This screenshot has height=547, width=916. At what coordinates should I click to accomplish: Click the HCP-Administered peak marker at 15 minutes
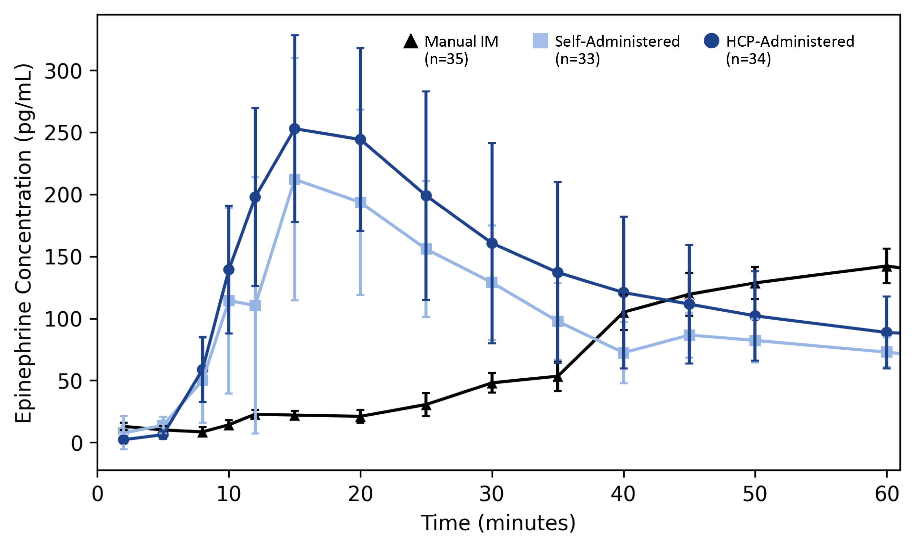click(x=294, y=129)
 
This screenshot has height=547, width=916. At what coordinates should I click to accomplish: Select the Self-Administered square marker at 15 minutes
click(x=294, y=180)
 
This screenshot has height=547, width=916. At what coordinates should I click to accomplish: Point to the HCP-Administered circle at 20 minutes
click(x=360, y=140)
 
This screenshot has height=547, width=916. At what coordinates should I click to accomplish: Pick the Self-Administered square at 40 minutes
click(x=623, y=353)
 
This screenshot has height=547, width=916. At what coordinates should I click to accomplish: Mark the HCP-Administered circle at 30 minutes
click(x=492, y=243)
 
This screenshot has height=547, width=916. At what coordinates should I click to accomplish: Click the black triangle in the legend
click(x=411, y=41)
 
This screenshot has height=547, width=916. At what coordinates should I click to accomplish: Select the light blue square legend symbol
click(x=540, y=41)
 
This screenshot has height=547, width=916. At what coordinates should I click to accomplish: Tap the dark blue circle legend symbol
click(x=711, y=41)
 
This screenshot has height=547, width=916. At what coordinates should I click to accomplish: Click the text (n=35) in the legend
click(x=446, y=59)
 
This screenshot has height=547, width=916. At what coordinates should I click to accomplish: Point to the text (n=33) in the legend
click(x=577, y=59)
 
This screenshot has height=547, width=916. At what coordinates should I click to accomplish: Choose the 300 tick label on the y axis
click(x=63, y=71)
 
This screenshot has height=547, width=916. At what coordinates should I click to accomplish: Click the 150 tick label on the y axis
click(x=63, y=257)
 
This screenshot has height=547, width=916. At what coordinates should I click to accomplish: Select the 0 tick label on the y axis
click(x=77, y=443)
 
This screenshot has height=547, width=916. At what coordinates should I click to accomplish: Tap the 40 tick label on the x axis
click(x=623, y=494)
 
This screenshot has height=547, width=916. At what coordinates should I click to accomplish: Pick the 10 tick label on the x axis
click(x=229, y=494)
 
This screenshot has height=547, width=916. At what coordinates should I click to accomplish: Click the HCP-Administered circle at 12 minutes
click(x=255, y=197)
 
